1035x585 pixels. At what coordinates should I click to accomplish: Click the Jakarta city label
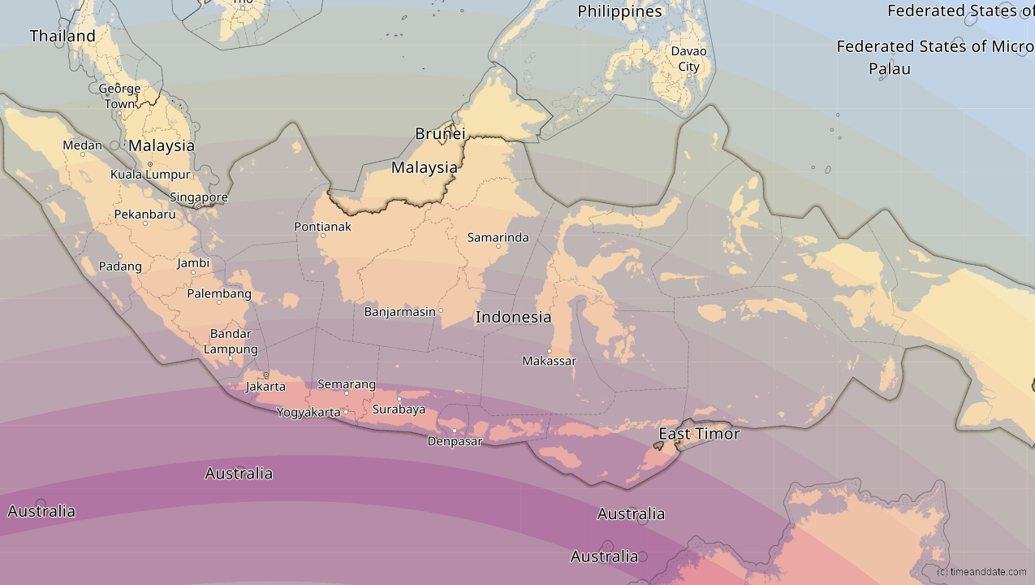coord(265,387)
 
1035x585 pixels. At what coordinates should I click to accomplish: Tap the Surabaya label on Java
coord(399,409)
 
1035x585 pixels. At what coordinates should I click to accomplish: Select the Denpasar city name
coord(455,442)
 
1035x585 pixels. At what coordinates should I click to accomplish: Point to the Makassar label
coord(549,361)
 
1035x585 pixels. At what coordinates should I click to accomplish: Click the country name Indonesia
coord(513,318)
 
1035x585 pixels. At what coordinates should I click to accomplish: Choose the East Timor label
coord(699,434)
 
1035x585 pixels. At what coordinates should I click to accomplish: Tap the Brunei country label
coord(440,134)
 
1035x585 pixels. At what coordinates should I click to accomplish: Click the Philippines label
coord(619,11)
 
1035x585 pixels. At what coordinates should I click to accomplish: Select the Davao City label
coord(688,58)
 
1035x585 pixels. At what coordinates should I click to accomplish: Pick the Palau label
coord(890,69)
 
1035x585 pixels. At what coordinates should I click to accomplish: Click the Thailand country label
coord(63,36)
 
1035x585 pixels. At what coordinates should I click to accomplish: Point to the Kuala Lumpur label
coord(150,175)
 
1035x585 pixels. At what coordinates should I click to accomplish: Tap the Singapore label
coord(199,197)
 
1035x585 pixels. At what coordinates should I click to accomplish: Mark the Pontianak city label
coord(323,227)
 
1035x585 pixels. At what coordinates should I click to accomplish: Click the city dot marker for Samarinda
coord(498,245)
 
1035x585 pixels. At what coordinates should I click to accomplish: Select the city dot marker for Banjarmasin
coord(441,310)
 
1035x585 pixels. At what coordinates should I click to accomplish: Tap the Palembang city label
coord(219,294)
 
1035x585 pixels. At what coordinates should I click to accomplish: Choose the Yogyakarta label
coord(308,413)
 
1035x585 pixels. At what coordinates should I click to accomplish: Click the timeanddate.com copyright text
coord(981,572)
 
